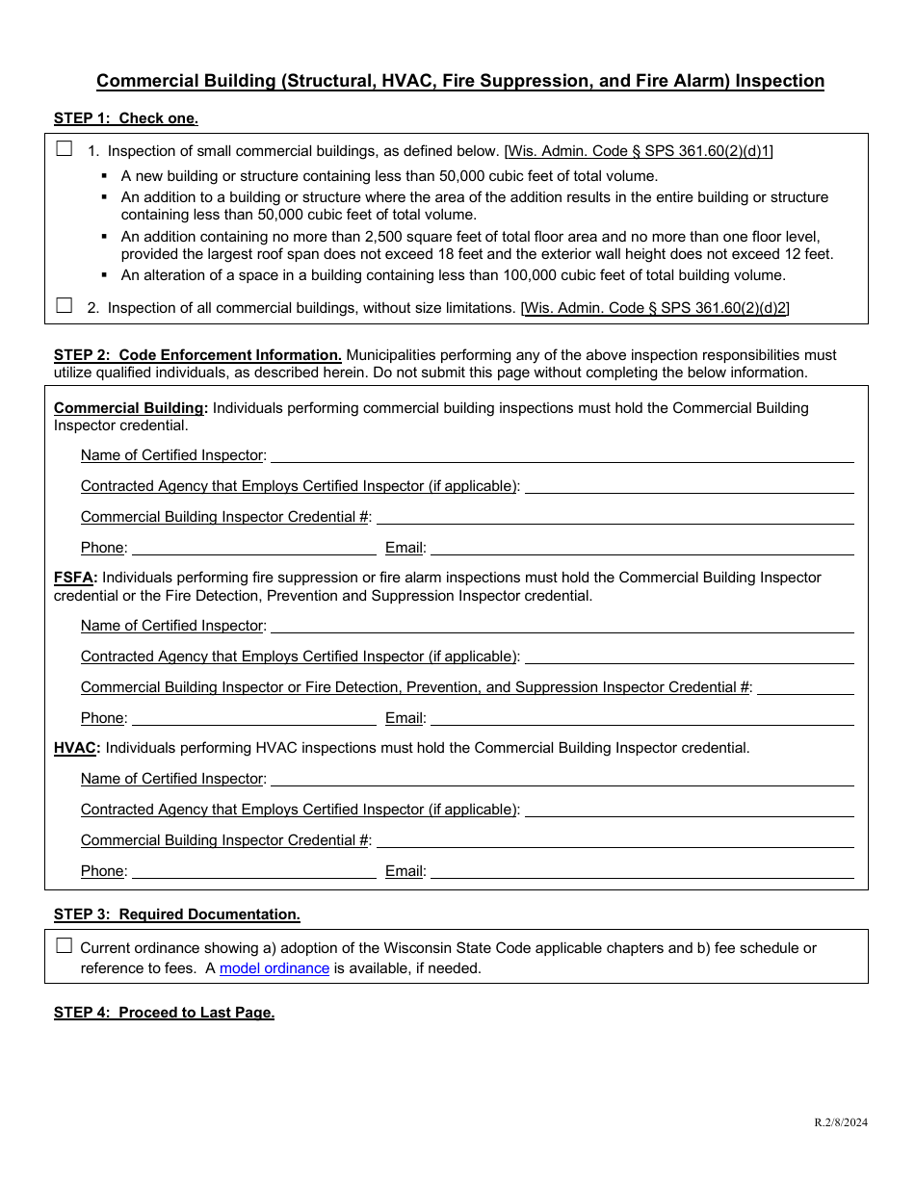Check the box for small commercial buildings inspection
coord(65,149)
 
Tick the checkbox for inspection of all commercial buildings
coord(65,306)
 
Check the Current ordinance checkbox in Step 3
coord(65,946)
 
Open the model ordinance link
coord(274,968)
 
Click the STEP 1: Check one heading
coord(125,118)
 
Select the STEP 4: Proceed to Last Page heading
coord(164,1013)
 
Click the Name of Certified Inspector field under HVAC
coord(562,778)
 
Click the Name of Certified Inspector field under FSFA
coord(562,625)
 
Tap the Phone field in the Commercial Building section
coord(253,547)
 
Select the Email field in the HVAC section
coord(641,870)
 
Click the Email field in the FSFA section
coord(641,717)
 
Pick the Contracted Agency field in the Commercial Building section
coord(689,485)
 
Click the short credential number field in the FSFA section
coord(805,686)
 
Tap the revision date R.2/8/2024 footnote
coord(840,1122)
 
